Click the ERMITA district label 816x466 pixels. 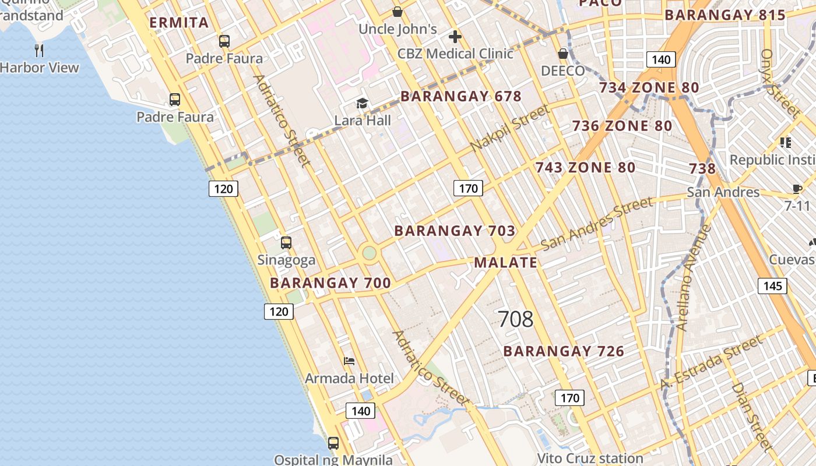pos(179,23)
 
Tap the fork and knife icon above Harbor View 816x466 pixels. pos(39,51)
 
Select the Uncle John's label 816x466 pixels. pos(398,29)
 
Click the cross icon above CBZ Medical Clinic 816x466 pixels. pos(455,37)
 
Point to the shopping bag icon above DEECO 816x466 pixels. pos(563,54)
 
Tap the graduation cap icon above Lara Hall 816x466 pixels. pos(363,104)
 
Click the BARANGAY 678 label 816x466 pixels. pos(460,97)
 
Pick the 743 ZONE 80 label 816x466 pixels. pos(585,168)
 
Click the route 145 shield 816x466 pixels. pos(772,286)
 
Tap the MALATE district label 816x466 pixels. pos(505,263)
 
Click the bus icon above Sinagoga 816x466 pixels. pos(286,243)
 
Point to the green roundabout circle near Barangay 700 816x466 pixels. pos(369,253)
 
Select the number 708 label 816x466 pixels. pos(516,319)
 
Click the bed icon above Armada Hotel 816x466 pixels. pos(349,361)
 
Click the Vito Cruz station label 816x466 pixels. pos(590,458)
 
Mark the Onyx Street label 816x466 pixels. pos(779,82)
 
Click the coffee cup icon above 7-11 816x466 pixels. pos(797,188)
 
